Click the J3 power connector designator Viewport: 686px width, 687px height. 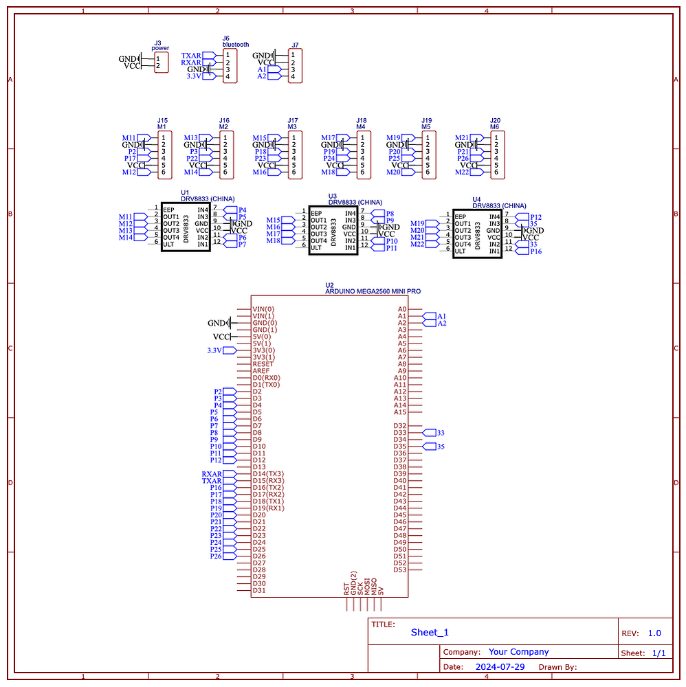pos(157,43)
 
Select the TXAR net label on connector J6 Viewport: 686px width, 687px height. pos(191,56)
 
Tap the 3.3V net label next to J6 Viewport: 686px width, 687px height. pos(195,76)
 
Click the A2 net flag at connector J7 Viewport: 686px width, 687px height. pos(262,76)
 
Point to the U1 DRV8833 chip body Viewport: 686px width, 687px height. pos(186,227)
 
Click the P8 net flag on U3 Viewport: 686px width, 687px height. pos(390,214)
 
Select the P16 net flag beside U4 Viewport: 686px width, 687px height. pos(535,251)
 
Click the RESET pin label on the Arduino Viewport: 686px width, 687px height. pos(263,364)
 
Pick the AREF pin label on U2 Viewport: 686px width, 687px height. pos(261,371)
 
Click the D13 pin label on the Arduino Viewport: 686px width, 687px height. pos(258,467)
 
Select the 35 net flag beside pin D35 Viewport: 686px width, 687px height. pos(441,447)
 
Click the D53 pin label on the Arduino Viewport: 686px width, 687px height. pos(399,570)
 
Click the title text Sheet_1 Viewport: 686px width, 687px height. pos(429,633)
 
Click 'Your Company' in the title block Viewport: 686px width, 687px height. pos(518,652)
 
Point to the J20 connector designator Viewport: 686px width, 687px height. pos(495,120)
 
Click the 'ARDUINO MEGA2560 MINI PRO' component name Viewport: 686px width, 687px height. pos(373,291)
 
